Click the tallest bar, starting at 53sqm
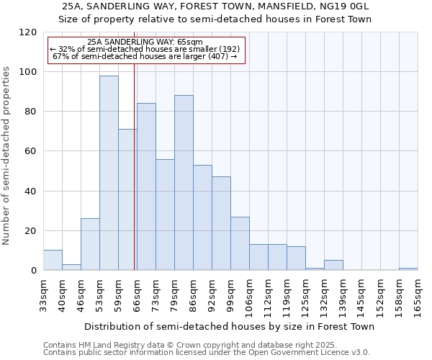pyautogui.click(x=109, y=173)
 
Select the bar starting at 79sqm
pyautogui.click(x=184, y=183)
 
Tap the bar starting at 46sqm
pyautogui.click(x=90, y=245)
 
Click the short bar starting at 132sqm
pyautogui.click(x=333, y=265)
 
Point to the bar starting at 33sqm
pyautogui.click(x=53, y=260)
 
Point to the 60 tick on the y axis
pyautogui.click(x=32, y=151)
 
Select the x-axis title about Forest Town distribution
pyautogui.click(x=228, y=326)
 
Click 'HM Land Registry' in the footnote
pyautogui.click(x=104, y=345)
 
